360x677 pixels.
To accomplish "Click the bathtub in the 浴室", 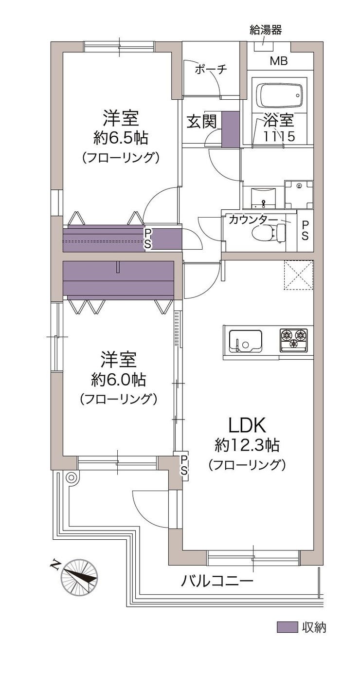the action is tap(279, 95).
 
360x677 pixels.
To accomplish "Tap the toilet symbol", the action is tap(269, 233).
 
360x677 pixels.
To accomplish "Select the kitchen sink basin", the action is tap(245, 341).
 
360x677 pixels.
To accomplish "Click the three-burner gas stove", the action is tap(293, 340).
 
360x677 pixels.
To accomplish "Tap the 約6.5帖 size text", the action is tap(121, 138).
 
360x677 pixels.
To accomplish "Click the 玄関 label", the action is tap(202, 122).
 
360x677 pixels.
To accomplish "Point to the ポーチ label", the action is tap(211, 70).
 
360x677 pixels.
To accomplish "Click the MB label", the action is tap(279, 61).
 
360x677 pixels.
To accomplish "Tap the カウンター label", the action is tap(253, 220).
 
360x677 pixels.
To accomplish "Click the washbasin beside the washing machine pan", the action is tap(263, 198).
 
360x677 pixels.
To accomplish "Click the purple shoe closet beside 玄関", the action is tap(231, 129).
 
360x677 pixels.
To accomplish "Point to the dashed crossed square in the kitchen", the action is tap(298, 275).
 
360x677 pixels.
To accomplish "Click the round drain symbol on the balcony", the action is tap(72, 478).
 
